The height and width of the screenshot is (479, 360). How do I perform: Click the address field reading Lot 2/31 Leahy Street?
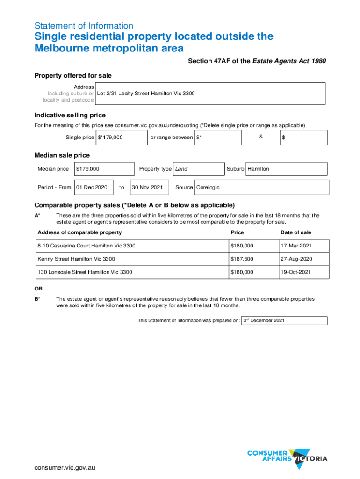pos(210,94)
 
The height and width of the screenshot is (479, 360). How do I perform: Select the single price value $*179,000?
pos(121,138)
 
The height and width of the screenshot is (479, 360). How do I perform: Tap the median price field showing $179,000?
pos(104,169)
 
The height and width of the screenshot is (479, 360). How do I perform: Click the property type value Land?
pos(198,169)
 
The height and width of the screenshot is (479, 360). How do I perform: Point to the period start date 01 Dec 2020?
pos(94,187)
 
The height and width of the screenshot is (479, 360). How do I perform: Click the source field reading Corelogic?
pos(261,187)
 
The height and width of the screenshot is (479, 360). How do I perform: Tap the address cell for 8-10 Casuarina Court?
pos(132,246)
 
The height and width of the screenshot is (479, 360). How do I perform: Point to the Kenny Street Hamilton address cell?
pos(132,259)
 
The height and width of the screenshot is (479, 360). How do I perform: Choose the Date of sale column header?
pos(295,232)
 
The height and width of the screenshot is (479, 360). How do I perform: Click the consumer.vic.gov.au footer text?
pos(65,468)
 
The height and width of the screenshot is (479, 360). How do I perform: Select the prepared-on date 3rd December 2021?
pos(284,320)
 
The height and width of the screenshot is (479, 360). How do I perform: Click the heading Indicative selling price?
pos(70,116)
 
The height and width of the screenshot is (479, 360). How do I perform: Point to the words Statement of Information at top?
pos(84,26)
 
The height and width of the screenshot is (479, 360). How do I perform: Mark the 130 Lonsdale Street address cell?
pos(132,272)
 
